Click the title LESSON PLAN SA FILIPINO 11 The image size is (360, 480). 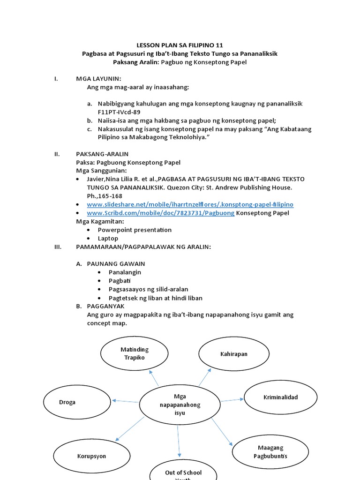click(x=180, y=45)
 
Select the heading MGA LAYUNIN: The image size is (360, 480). click(x=98, y=78)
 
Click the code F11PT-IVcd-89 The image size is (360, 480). click(x=119, y=112)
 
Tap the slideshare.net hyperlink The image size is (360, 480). click(x=190, y=204)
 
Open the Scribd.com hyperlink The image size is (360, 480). click(x=160, y=213)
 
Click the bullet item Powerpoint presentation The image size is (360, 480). click(x=135, y=230)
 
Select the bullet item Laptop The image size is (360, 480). click(x=108, y=238)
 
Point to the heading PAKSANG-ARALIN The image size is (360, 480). click(x=102, y=154)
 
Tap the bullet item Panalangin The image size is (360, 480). click(x=125, y=272)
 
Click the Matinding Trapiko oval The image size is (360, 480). click(x=135, y=354)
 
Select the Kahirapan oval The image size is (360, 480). click(x=233, y=354)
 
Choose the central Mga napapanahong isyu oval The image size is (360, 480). click(x=180, y=405)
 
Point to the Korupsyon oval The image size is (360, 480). click(x=91, y=456)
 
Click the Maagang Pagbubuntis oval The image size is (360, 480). click(x=270, y=452)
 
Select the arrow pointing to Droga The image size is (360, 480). click(x=126, y=401)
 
